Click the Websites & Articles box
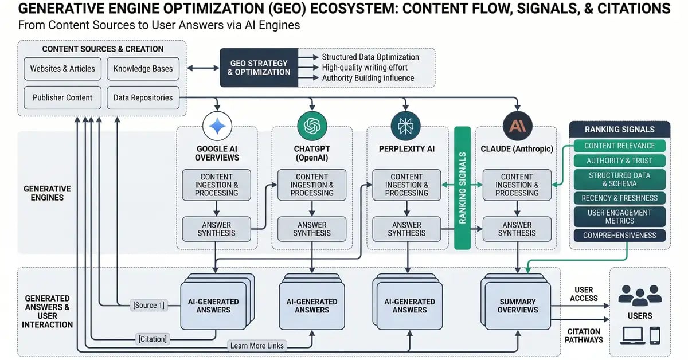(x=62, y=68)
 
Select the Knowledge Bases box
(x=143, y=68)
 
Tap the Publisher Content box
(x=62, y=97)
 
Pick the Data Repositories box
(x=143, y=97)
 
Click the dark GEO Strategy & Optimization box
(x=259, y=68)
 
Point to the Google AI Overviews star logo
(x=217, y=126)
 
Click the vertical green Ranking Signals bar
(x=462, y=188)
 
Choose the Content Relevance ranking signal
(x=619, y=146)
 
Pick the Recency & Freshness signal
(x=619, y=198)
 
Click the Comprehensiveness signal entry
(x=619, y=235)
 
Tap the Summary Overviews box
(x=518, y=305)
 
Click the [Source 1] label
(x=148, y=305)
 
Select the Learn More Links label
(x=257, y=345)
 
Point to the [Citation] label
(x=153, y=339)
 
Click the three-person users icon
(x=640, y=296)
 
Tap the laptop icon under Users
(x=632, y=335)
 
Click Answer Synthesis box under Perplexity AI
(x=406, y=229)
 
